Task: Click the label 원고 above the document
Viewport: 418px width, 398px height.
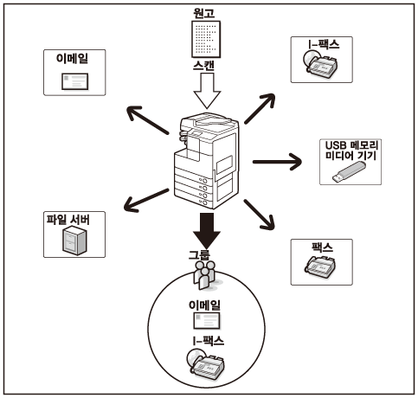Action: [x=204, y=13]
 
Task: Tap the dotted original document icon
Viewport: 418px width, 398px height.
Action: [x=206, y=39]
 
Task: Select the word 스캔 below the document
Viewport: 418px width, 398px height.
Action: [x=203, y=66]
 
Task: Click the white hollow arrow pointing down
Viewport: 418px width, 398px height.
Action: [x=207, y=91]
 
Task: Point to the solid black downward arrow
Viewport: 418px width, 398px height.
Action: [x=207, y=231]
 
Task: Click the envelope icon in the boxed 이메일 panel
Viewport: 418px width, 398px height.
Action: [x=74, y=81]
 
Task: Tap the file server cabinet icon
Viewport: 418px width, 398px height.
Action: [x=74, y=241]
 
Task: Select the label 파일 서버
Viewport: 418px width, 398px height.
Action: [x=68, y=220]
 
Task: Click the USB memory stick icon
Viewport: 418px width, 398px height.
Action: [x=349, y=172]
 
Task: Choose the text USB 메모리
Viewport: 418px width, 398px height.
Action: [x=351, y=145]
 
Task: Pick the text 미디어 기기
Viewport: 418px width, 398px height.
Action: [x=351, y=156]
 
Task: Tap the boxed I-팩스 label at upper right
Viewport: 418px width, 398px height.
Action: [x=323, y=44]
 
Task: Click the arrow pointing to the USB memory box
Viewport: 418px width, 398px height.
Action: [x=277, y=162]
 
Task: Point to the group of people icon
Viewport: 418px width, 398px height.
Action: [x=205, y=275]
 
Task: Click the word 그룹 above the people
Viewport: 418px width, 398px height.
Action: [x=199, y=255]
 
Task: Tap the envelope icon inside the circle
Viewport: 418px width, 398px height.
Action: [x=206, y=321]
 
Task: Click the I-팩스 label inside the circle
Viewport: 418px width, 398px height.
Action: [x=209, y=341]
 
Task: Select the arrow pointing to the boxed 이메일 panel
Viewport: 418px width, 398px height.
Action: [x=148, y=120]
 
